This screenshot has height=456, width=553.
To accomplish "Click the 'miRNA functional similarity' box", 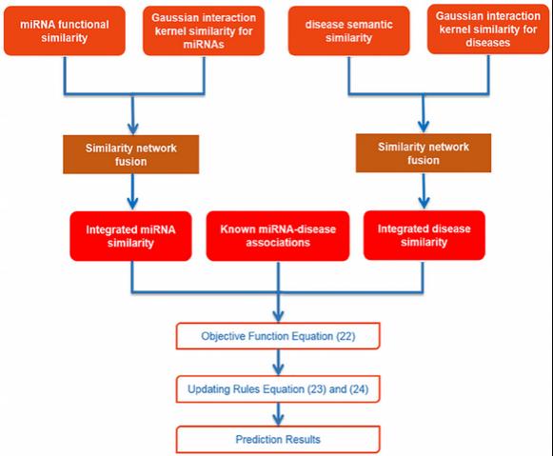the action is coord(65,31).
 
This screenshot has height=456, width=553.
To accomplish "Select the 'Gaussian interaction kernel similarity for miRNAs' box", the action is coord(204,31).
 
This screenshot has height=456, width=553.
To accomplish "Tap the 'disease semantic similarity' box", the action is coord(348,31).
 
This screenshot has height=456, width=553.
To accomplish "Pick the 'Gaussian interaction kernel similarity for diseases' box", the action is coord(488,30).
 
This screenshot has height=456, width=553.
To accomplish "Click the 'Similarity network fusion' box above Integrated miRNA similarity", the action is coord(130,154).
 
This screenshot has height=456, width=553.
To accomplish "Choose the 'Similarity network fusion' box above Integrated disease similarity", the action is coord(424,153).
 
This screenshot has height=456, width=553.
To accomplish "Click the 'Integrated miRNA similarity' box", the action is coord(130,236).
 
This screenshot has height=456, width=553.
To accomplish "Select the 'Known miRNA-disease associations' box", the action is coord(278,236).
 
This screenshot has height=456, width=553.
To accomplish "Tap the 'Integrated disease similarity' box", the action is coord(425,235).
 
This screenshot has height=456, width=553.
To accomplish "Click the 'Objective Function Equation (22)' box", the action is coord(278,336).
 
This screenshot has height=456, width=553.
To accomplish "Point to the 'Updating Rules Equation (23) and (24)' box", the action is coord(278,389).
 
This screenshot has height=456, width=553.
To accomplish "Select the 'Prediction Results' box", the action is coord(278,440).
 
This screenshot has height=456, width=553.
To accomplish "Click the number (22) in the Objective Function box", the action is coord(346,336).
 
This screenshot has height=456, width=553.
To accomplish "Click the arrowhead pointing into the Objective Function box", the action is coord(278,316).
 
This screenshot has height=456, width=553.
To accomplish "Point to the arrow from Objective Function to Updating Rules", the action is coord(278,362).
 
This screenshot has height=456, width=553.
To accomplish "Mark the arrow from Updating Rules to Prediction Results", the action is coord(278,414).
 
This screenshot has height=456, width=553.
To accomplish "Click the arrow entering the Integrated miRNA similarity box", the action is coord(132,192).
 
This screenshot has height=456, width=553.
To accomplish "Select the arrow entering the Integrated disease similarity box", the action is coord(424,190).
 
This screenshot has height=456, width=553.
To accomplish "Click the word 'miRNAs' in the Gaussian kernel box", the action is coord(204,45).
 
